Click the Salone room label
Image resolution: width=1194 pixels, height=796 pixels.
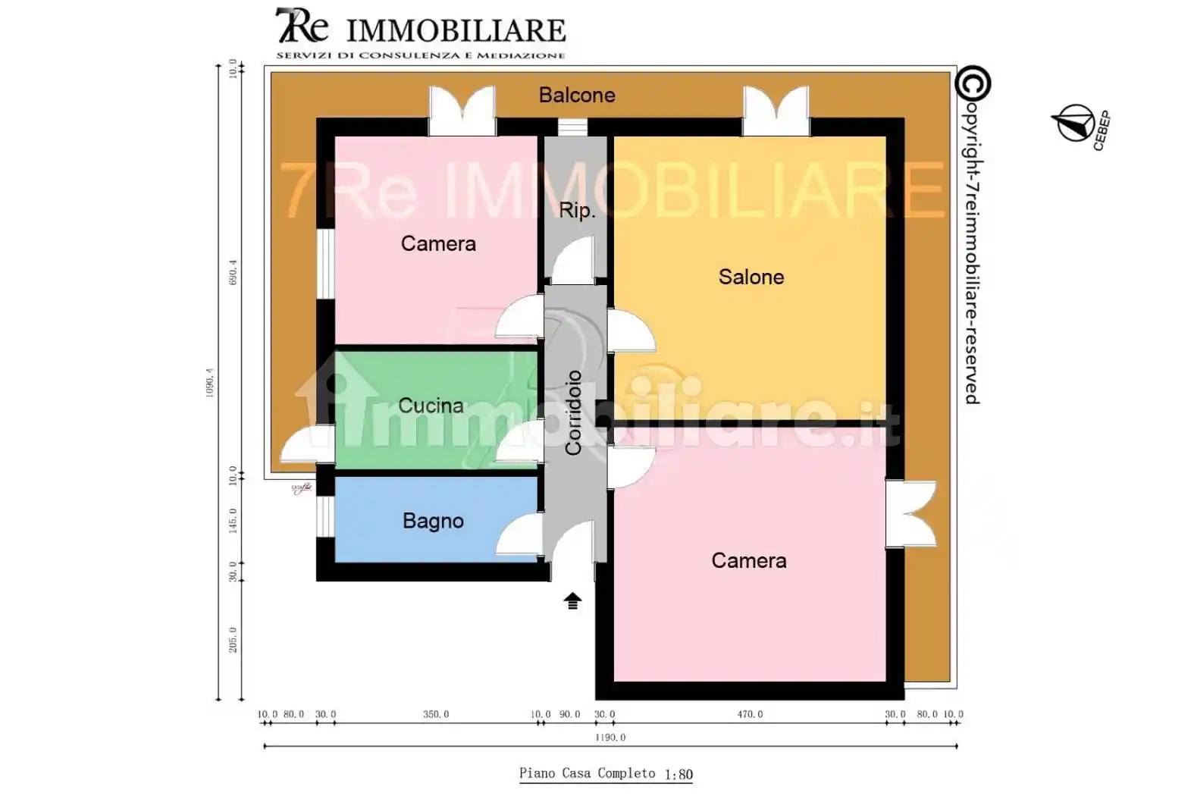[x=751, y=277]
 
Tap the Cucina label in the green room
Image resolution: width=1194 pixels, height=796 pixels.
[x=431, y=406]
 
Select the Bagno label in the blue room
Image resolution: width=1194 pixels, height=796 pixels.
[x=433, y=521]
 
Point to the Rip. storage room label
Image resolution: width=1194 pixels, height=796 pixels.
[x=577, y=210]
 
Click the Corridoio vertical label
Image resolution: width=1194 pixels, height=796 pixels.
[x=574, y=412]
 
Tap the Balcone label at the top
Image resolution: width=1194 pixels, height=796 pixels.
[x=577, y=95]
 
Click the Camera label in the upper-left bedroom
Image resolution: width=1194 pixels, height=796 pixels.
[x=438, y=243]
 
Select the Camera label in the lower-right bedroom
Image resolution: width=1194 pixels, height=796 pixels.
[x=748, y=560]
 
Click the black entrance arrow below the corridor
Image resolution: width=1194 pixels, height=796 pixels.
[x=572, y=601]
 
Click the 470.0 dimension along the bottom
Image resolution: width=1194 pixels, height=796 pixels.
[x=750, y=714]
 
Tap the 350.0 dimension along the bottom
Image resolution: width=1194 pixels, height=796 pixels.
[x=436, y=714]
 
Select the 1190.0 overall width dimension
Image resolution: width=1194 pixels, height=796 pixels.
[x=610, y=737]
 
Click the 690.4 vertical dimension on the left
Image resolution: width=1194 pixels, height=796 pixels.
[x=233, y=272]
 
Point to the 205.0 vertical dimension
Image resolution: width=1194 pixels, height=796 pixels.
[x=233, y=640]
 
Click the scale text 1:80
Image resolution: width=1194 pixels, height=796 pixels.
[x=678, y=774]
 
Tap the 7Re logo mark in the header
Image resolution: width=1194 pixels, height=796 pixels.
[x=302, y=27]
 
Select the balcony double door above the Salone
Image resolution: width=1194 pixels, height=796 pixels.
[x=776, y=111]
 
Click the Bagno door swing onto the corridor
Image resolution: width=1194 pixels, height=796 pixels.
[x=519, y=535]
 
